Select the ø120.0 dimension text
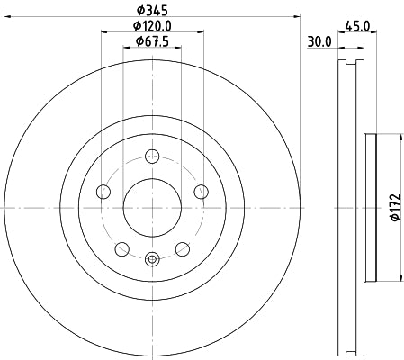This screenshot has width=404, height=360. click(x=151, y=26)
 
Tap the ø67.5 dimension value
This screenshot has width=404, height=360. click(x=151, y=41)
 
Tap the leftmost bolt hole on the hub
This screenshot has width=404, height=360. click(x=103, y=191)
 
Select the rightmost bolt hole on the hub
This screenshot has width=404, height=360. click(x=199, y=191)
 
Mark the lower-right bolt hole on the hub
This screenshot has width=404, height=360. click(x=181, y=249)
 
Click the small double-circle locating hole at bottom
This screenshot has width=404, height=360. click(x=151, y=260)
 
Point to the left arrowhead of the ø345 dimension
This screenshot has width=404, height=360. click(x=6, y=19)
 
